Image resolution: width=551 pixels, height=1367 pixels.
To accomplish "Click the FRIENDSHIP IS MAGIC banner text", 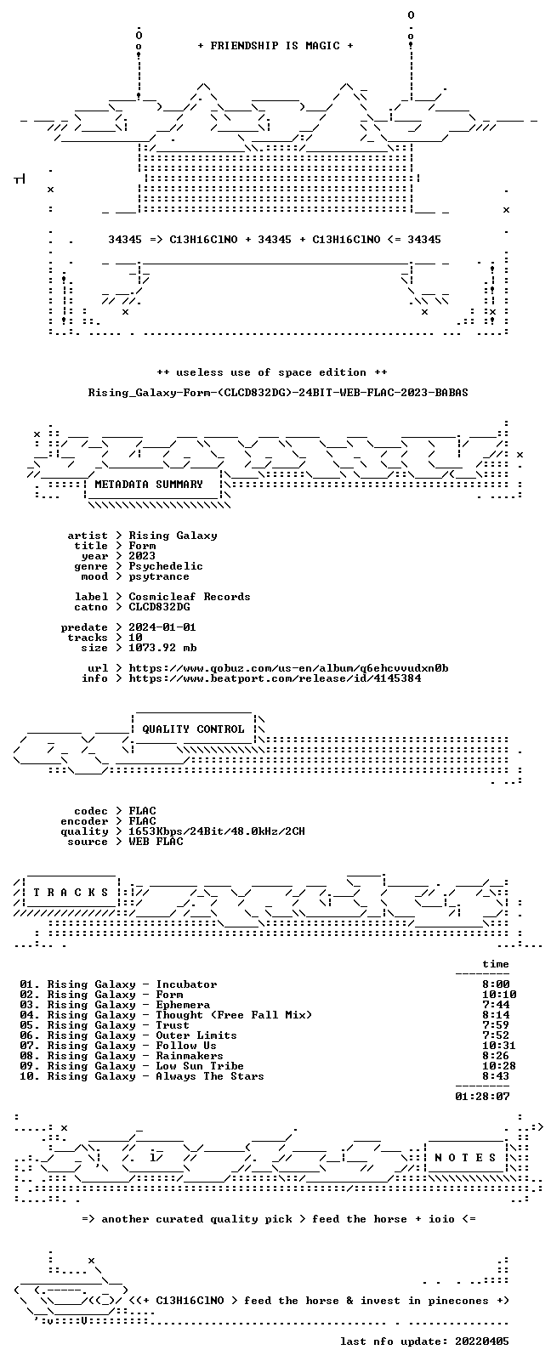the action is [275, 46].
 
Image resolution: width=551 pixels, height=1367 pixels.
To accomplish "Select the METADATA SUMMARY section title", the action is [148, 485].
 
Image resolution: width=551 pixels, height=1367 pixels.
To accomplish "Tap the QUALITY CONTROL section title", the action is [193, 729].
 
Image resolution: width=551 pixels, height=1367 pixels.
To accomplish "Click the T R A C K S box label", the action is [71, 893].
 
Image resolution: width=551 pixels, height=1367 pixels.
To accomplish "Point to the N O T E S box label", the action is [465, 1158].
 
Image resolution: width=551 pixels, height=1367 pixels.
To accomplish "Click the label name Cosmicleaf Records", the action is [189, 597].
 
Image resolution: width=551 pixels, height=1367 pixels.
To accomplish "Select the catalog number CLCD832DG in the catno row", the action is [159, 607].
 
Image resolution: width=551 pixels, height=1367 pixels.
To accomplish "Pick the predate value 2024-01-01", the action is [162, 627].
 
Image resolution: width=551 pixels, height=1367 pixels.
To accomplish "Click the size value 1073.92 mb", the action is [162, 648].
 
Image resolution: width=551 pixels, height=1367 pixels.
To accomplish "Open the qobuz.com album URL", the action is [288, 668].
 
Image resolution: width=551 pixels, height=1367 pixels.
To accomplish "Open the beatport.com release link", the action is [275, 678].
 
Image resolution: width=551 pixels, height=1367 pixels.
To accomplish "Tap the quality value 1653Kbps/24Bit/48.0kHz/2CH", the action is [217, 831].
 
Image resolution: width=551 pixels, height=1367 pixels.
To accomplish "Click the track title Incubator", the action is [186, 984].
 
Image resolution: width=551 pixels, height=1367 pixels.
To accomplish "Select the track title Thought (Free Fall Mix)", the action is [234, 1015].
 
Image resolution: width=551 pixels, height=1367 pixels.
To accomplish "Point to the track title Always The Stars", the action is [210, 1076].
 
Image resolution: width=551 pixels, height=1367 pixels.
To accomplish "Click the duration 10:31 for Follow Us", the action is [499, 1046].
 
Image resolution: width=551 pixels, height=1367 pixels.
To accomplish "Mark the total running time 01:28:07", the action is [482, 1097].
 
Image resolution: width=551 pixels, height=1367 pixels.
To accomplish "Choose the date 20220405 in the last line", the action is [482, 1341].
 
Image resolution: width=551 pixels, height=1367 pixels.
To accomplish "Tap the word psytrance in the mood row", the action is [159, 576].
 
